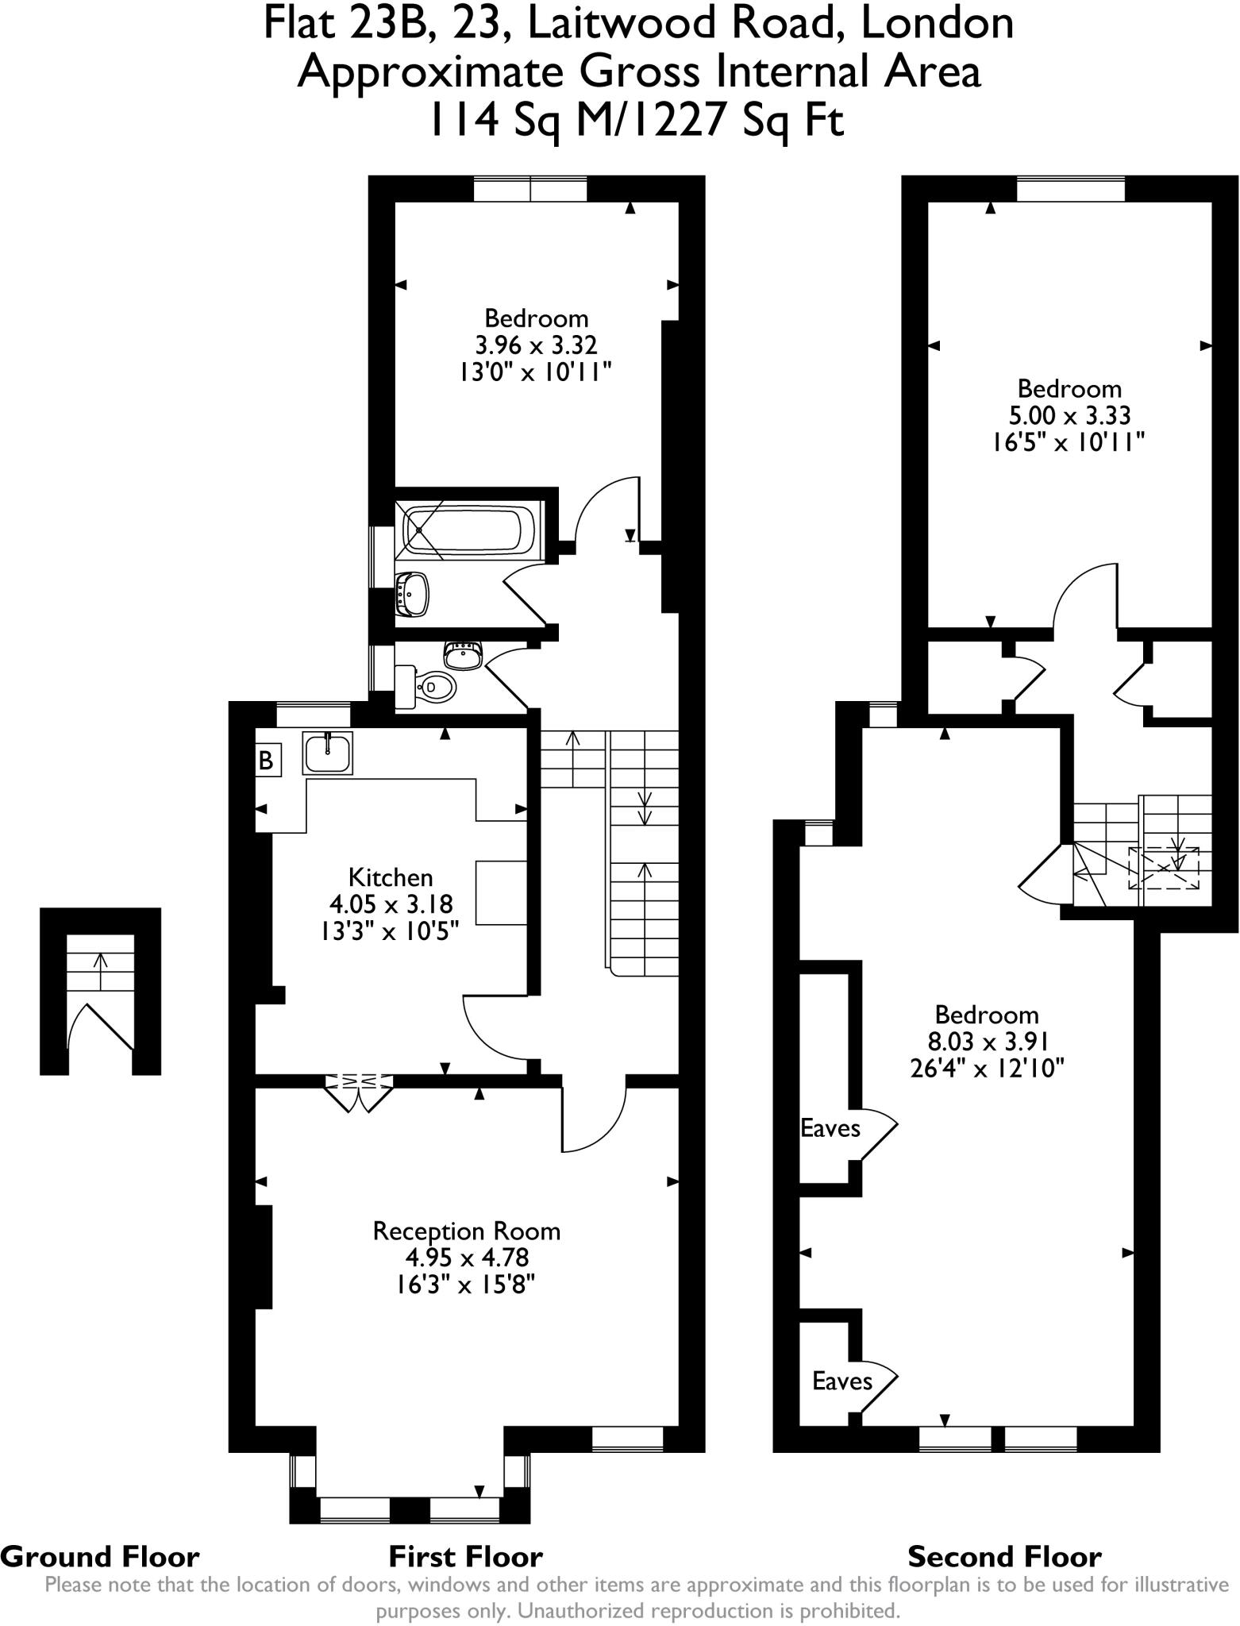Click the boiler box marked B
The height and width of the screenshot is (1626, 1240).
pyautogui.click(x=266, y=761)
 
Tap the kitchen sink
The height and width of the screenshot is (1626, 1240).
pyautogui.click(x=327, y=752)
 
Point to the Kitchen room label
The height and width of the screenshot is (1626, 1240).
pyautogui.click(x=391, y=877)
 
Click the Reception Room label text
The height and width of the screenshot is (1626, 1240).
pyautogui.click(x=466, y=1231)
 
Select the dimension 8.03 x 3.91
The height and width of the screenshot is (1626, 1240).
pyautogui.click(x=986, y=1041)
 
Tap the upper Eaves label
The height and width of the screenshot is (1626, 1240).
pyautogui.click(x=830, y=1128)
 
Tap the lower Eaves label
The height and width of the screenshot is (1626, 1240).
pyautogui.click(x=841, y=1381)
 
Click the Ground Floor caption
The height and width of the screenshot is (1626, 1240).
pyautogui.click(x=100, y=1557)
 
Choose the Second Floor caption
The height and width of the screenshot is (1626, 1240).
pyautogui.click(x=1003, y=1557)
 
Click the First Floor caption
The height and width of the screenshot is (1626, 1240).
pyautogui.click(x=465, y=1557)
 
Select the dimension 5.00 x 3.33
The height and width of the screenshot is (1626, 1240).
pyautogui.click(x=1069, y=415)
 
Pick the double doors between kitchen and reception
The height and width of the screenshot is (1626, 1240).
pyautogui.click(x=359, y=1088)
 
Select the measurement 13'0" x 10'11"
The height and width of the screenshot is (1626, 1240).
pyautogui.click(x=536, y=372)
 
